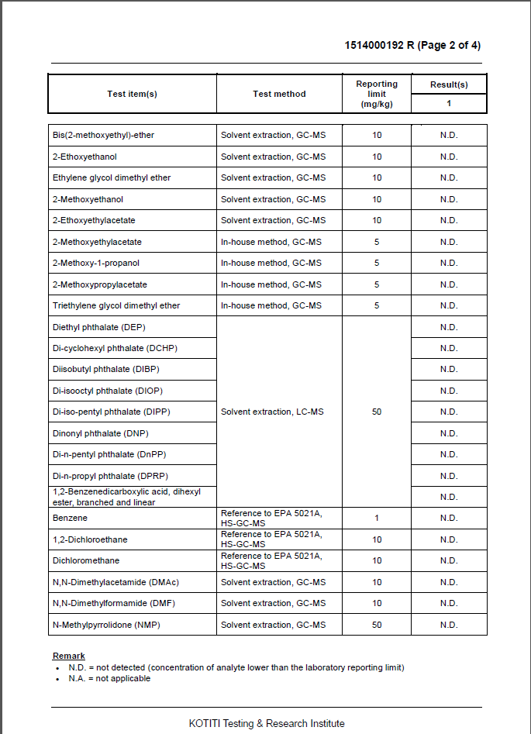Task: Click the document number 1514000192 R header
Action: coord(412,45)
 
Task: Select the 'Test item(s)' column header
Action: coord(132,94)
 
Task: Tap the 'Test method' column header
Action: coord(279,94)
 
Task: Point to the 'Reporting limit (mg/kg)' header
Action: coord(377,94)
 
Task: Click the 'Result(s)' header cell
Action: coord(449,84)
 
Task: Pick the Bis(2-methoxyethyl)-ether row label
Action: coord(103,136)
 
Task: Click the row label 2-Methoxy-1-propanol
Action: coord(96,264)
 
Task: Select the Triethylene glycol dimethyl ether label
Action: coord(116,306)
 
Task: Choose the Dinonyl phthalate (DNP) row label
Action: coord(101,433)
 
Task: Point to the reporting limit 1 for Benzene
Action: coord(377,518)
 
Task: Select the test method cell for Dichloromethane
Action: coord(271,560)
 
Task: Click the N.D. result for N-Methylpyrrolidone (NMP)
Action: coord(449,625)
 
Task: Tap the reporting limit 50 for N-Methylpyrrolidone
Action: coord(377,625)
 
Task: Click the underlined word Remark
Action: coord(69,656)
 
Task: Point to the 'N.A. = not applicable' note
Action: coord(109,678)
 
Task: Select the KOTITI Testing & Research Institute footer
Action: coord(267,723)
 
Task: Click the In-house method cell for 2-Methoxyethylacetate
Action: coord(271,242)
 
